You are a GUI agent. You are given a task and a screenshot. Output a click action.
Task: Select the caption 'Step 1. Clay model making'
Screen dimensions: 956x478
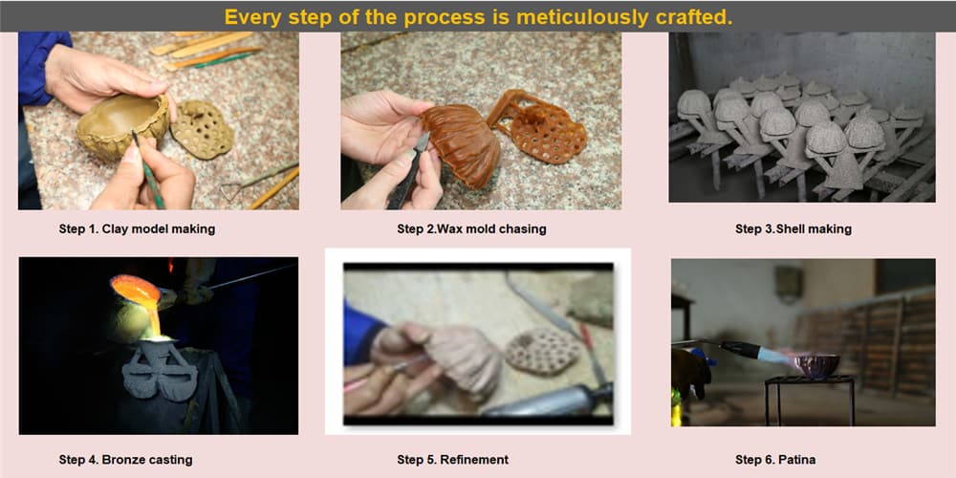pos(137,229)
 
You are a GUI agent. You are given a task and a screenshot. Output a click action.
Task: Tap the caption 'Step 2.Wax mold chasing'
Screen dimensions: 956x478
pos(471,229)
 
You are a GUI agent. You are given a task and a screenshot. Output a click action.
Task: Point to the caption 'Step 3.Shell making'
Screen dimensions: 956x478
pos(793,229)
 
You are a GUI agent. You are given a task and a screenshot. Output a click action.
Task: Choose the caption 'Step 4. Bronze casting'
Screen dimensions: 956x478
pos(125,460)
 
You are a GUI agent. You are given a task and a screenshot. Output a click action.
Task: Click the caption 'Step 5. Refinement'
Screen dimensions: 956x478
pos(452,460)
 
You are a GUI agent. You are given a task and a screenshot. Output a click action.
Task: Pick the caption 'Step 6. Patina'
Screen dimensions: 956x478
pos(775,460)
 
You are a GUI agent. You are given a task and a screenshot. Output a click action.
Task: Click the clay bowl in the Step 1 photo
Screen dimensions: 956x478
pos(122,126)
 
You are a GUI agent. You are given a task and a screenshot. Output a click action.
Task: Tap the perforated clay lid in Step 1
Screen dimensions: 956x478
pos(202,128)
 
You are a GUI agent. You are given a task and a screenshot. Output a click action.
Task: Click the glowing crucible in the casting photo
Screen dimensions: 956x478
pos(136,292)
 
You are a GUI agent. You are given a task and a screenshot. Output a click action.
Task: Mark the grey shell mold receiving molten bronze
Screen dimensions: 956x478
pos(159,370)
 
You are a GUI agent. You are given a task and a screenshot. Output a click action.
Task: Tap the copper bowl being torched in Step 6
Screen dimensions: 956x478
pos(817,365)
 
